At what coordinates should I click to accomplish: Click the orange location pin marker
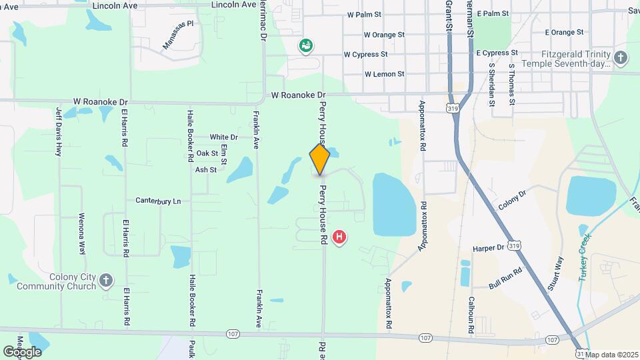pyautogui.click(x=319, y=159)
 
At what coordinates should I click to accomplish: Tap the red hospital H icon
pyautogui.click(x=339, y=236)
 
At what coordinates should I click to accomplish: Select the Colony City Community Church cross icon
pyautogui.click(x=105, y=280)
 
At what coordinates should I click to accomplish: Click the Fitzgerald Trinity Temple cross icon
pyautogui.click(x=621, y=57)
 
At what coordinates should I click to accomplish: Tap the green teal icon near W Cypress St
pyautogui.click(x=307, y=45)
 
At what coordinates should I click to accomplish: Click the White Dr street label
pyautogui.click(x=223, y=137)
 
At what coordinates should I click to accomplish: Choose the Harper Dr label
pyautogui.click(x=489, y=248)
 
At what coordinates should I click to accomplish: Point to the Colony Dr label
pyautogui.click(x=512, y=198)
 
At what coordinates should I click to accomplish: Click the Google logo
pyautogui.click(x=22, y=351)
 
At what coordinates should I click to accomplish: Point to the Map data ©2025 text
pyautogui.click(x=611, y=354)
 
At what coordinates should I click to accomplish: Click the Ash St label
pyautogui.click(x=206, y=170)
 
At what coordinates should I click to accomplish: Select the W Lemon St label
pyautogui.click(x=385, y=74)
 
